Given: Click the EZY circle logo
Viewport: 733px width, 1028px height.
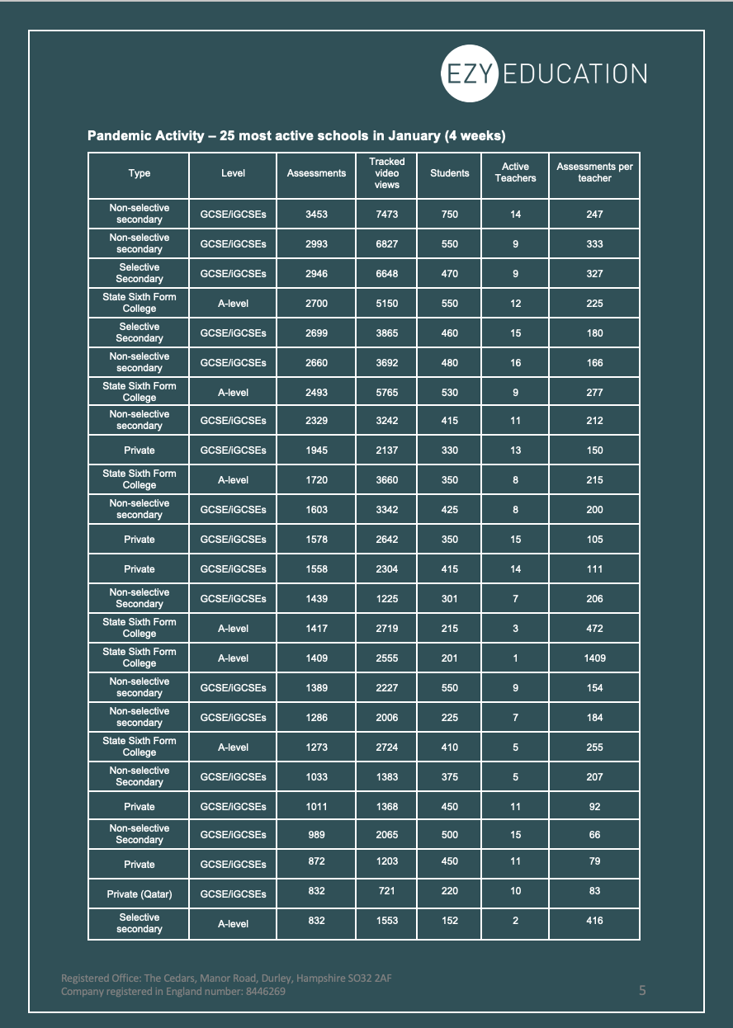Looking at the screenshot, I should coord(470,73).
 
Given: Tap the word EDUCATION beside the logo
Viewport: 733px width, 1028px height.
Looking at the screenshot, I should coord(575,73).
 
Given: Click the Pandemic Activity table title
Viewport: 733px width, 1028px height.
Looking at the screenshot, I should coord(296,135).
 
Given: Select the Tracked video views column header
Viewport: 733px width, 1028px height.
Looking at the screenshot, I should coord(386,173).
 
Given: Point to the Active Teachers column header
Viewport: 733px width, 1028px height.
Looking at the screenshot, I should coord(515,172).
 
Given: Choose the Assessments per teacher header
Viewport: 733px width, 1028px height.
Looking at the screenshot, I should coord(594,172).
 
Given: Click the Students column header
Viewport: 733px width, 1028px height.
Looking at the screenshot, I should coord(449,173).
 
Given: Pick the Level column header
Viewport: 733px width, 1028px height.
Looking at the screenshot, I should coord(233,173).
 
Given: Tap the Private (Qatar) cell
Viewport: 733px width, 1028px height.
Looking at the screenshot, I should coord(140,894).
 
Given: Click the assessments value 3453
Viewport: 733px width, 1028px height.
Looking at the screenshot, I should coord(316,215).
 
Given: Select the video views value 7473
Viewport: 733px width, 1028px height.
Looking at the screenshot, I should coord(386,215).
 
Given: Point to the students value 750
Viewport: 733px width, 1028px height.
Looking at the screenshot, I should coord(449,215).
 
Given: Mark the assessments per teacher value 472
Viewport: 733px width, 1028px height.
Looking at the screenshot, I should coord(594,629).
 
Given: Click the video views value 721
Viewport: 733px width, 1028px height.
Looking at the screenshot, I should coord(386,891).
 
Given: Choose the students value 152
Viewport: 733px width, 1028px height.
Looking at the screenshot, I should coord(449,921).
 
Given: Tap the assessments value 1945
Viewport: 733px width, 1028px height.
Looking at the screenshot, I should coord(316,450).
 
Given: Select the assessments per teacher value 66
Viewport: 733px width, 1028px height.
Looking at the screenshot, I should coord(594,835).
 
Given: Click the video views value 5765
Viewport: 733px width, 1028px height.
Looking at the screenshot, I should coord(386,393).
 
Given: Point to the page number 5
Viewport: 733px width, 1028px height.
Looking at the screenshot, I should coord(642,990).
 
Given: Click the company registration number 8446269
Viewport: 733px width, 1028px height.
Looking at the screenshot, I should coord(266,992).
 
